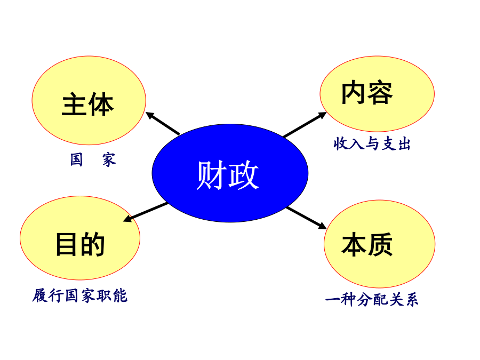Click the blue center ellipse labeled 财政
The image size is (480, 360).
(x=230, y=173)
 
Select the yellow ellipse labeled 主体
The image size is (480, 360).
(x=89, y=100)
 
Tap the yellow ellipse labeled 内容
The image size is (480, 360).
(x=377, y=94)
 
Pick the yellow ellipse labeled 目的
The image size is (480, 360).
(x=80, y=238)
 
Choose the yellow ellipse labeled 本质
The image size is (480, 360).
(x=380, y=244)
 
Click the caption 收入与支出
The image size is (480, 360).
(x=372, y=143)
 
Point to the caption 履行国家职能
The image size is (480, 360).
(x=80, y=295)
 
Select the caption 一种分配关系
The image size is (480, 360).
(x=372, y=299)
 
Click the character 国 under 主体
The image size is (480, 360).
(x=76, y=159)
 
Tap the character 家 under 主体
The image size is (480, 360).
(x=109, y=160)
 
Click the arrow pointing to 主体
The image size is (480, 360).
(x=163, y=123)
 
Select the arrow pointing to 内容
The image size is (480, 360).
(x=305, y=124)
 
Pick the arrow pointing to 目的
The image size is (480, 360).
(x=146, y=212)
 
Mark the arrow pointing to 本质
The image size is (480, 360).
(x=307, y=218)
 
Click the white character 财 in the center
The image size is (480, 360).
(x=212, y=175)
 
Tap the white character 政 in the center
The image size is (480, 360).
(x=244, y=175)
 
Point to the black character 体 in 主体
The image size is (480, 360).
(x=101, y=104)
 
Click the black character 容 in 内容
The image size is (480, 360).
(x=380, y=92)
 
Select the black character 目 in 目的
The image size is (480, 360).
(x=66, y=244)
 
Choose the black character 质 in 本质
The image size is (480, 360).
(x=380, y=244)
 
